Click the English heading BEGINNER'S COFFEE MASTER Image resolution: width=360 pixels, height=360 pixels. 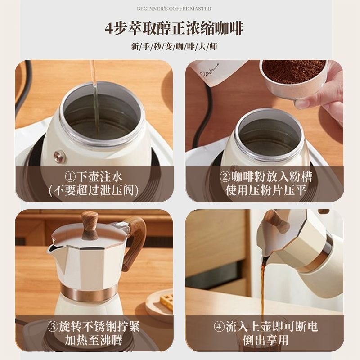click(x=174, y=9)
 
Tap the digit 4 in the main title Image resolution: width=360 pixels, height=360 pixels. click(x=109, y=28)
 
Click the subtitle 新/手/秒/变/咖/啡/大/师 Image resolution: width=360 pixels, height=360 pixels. click(x=174, y=47)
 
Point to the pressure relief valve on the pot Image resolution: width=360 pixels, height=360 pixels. click(x=60, y=157)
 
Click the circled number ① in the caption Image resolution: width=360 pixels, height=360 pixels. click(x=70, y=177)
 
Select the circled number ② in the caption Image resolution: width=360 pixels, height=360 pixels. click(x=225, y=177)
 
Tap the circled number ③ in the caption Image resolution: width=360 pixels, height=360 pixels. click(x=53, y=326)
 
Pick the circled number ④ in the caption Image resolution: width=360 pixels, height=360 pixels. click(x=219, y=326)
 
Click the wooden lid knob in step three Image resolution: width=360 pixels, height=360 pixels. click(x=90, y=225)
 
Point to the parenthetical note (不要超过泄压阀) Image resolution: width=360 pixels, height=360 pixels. click(x=94, y=190)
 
